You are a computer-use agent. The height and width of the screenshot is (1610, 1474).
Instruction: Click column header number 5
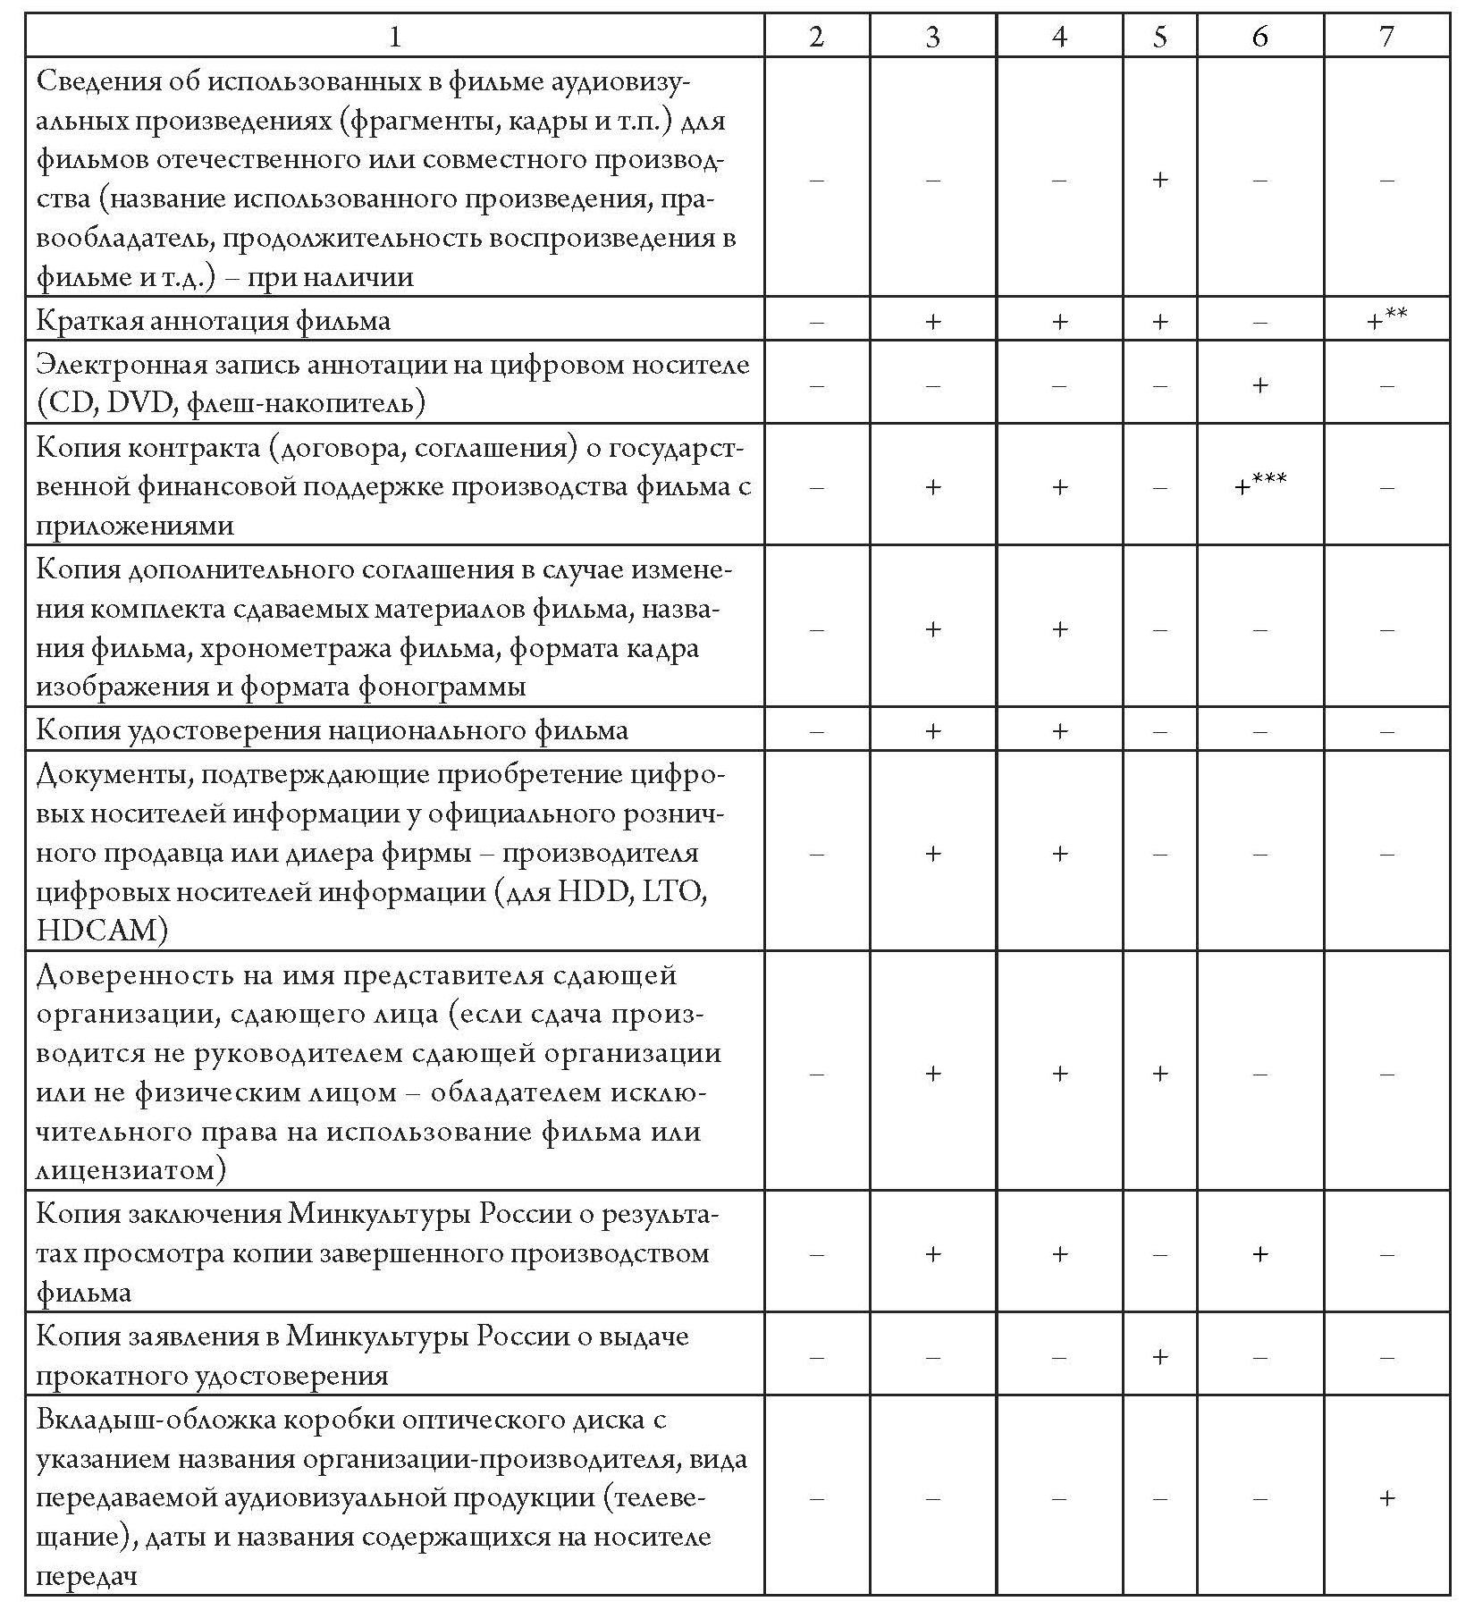click(x=1159, y=36)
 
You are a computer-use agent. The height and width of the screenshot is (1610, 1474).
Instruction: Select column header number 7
click(x=1386, y=36)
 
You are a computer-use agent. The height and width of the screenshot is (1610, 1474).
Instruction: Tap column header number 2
click(x=815, y=36)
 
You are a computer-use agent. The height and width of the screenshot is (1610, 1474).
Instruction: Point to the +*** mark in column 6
click(x=1259, y=486)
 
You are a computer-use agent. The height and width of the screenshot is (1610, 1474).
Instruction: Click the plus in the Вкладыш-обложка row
click(x=1386, y=1498)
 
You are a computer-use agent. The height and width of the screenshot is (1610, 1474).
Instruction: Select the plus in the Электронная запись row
click(x=1259, y=385)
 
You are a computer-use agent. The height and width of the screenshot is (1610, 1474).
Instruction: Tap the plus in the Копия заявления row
click(x=1159, y=1357)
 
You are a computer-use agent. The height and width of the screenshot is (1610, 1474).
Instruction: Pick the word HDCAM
click(x=102, y=931)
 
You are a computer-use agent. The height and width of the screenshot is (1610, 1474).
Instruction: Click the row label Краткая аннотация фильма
click(x=213, y=321)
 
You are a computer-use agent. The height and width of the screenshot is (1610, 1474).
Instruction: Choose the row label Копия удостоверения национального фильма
click(x=332, y=730)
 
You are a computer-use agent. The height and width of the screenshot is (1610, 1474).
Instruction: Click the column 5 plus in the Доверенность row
click(x=1159, y=1074)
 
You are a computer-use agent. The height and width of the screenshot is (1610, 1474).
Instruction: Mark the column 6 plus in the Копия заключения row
click(x=1259, y=1254)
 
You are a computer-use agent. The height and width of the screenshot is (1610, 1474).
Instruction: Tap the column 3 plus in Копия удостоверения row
click(x=932, y=731)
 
